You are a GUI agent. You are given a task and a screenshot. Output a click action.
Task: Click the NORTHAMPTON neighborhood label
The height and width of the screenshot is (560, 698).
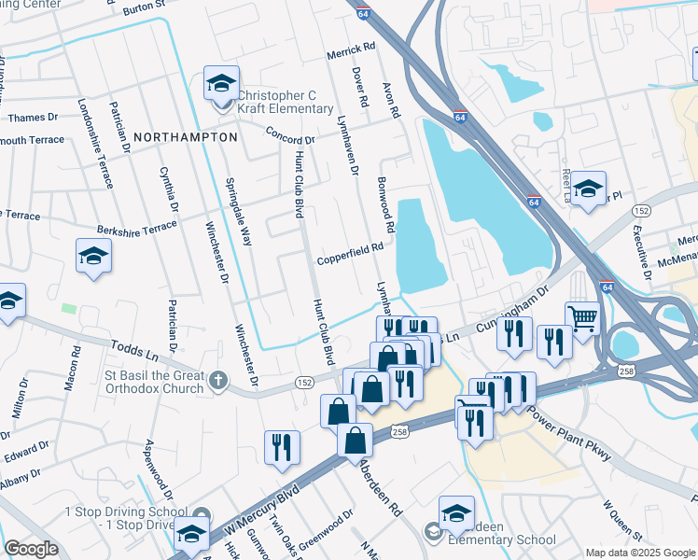point(186,136)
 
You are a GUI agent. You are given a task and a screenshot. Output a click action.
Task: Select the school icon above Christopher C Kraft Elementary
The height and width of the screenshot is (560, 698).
point(221,85)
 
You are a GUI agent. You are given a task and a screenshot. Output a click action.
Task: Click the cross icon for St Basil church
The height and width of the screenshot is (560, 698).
point(217,380)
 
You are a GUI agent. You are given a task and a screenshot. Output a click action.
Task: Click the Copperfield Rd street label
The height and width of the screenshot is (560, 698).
point(351,248)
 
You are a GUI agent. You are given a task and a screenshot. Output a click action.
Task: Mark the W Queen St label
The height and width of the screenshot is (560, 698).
point(621,521)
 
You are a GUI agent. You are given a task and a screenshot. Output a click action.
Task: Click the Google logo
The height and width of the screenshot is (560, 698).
point(31,549)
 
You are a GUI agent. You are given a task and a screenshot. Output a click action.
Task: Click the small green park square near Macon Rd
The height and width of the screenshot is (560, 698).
point(68,307)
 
